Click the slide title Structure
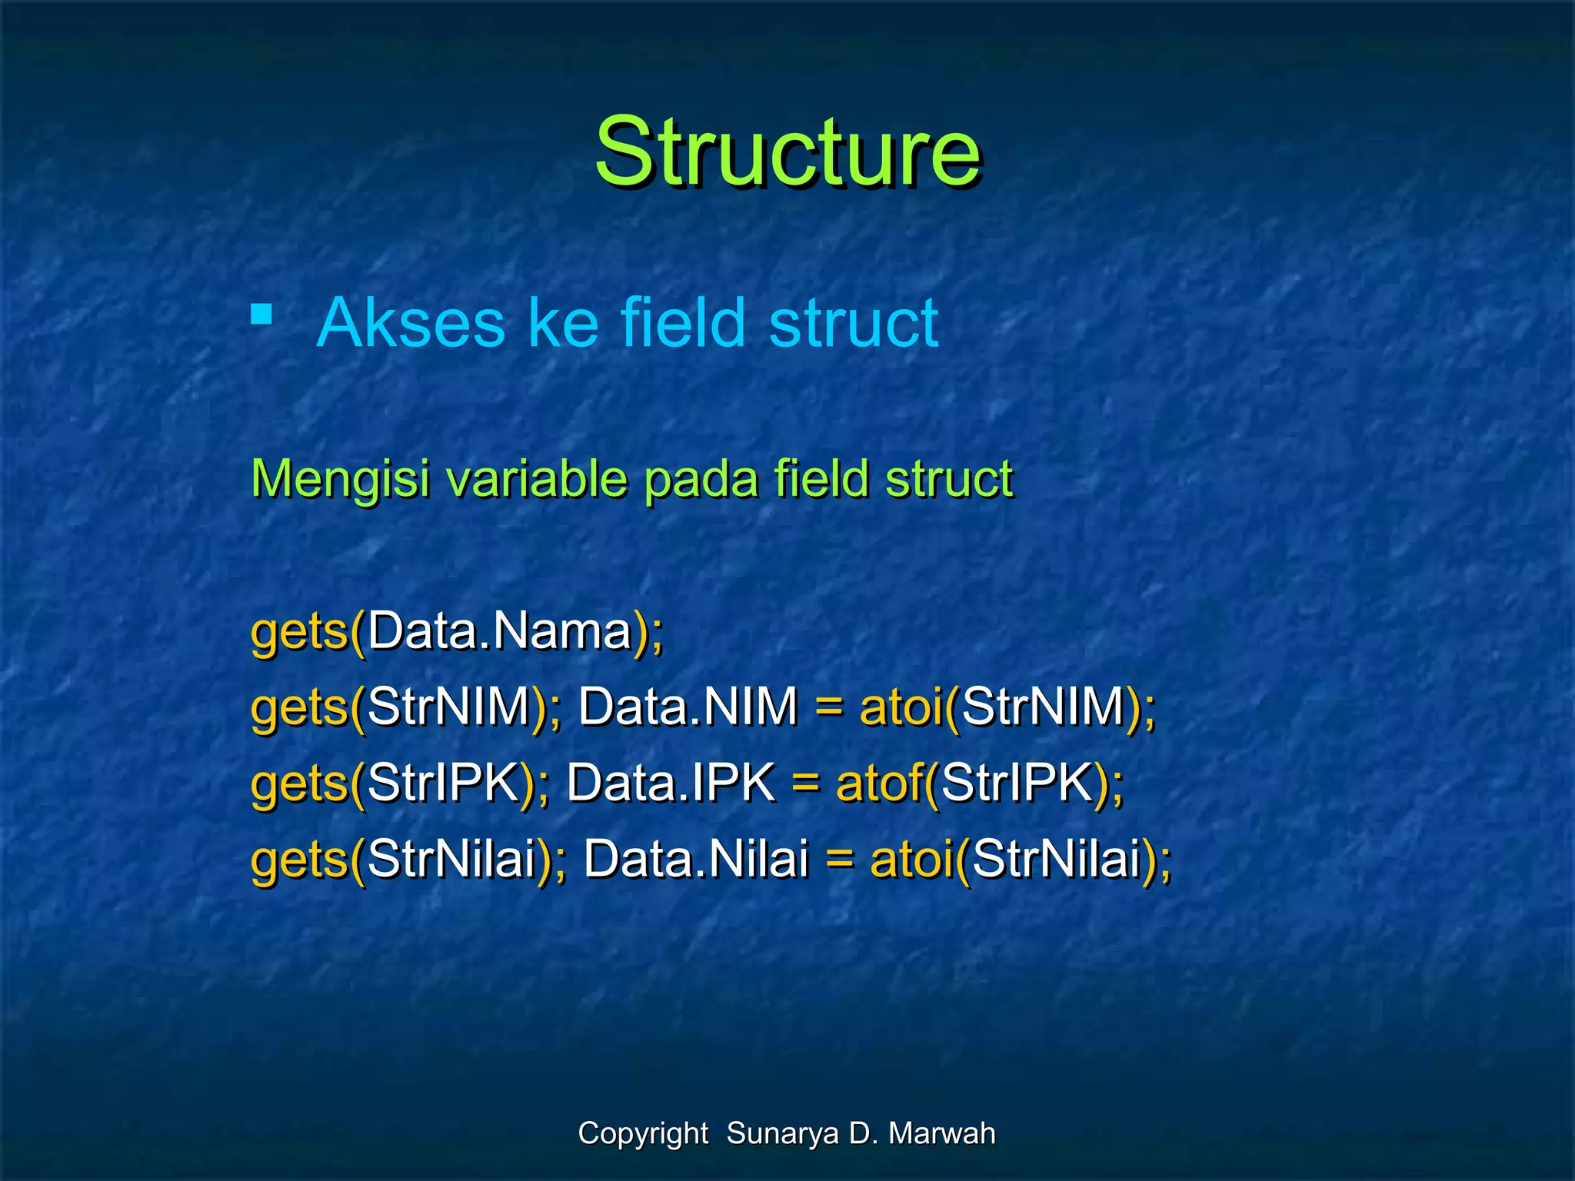(x=787, y=151)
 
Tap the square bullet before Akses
(x=261, y=314)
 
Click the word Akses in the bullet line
(x=410, y=323)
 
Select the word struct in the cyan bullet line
(x=853, y=323)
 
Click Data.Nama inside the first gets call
(x=498, y=632)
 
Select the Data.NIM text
(x=688, y=707)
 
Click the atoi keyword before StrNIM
(x=901, y=707)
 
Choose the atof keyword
(x=878, y=783)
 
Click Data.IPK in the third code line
(x=670, y=783)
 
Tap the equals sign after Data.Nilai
(x=839, y=860)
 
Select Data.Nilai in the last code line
(x=695, y=860)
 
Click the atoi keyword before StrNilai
(x=911, y=860)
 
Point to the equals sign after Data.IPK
(x=805, y=784)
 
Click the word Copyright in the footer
(x=643, y=1134)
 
